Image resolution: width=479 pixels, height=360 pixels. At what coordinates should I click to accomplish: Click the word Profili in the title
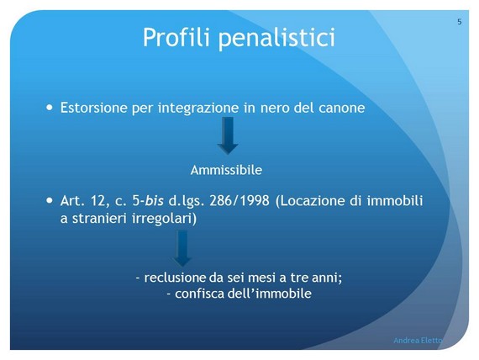tap(176, 37)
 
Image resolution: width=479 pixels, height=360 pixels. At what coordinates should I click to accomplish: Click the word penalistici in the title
tap(276, 38)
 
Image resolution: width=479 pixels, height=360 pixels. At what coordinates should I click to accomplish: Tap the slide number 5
tap(460, 22)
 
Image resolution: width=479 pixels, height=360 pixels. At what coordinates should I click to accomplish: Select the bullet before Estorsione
tap(50, 108)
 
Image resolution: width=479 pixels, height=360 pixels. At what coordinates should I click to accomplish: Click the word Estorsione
tap(94, 108)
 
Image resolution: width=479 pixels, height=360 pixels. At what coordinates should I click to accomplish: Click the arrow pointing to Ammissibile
tap(228, 135)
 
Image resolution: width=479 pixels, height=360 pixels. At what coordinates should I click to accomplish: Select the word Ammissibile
tap(226, 170)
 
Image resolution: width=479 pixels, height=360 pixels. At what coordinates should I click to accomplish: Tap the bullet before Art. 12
tap(50, 201)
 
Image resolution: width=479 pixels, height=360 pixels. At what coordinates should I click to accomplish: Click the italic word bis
tap(154, 201)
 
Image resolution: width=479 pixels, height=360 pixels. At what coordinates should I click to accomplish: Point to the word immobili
tap(395, 201)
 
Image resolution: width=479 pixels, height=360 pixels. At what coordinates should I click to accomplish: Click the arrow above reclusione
tap(182, 248)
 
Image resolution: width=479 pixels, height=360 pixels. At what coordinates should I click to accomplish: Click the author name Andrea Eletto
tap(418, 340)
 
